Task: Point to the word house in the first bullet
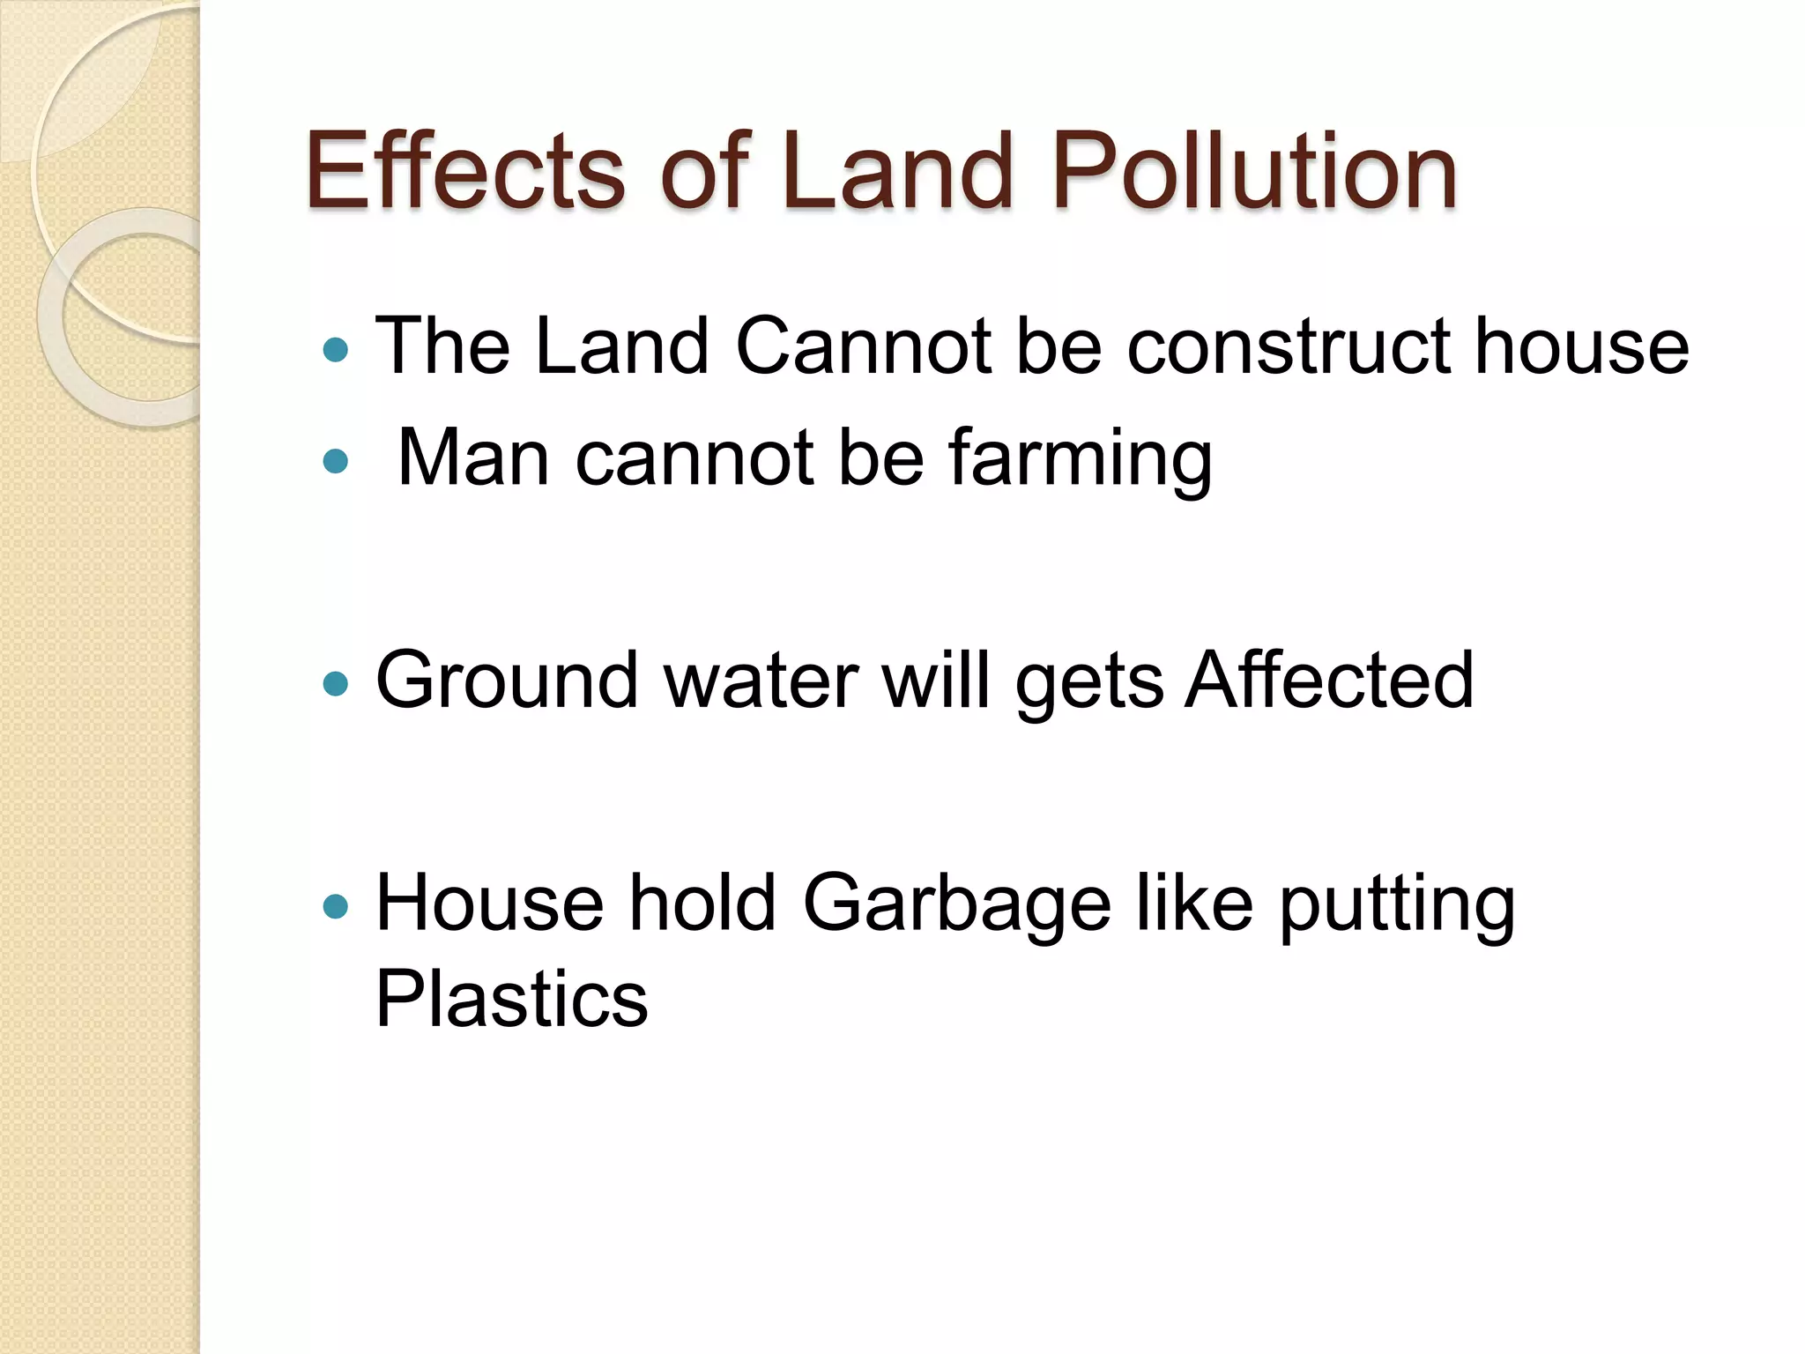point(1581,346)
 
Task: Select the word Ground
point(507,680)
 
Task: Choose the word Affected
point(1328,680)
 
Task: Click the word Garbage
point(957,904)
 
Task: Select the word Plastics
point(511,999)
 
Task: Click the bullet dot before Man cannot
point(336,461)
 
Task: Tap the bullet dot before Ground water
point(336,684)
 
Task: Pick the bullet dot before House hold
point(336,906)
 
